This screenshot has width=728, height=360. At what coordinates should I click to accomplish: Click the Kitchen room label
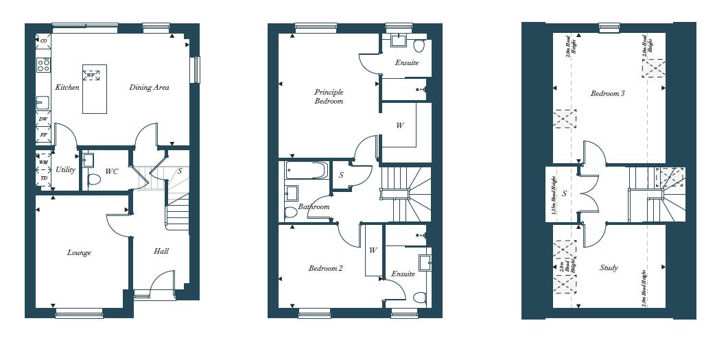(67, 88)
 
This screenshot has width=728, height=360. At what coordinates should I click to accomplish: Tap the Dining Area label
(149, 88)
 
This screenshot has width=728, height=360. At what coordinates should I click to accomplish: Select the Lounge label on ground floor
(79, 253)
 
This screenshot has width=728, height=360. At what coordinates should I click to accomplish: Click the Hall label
(161, 252)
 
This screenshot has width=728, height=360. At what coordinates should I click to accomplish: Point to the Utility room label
(66, 170)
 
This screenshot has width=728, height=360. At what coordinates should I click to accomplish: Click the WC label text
(111, 171)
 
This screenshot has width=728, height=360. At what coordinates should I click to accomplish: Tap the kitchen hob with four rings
(43, 65)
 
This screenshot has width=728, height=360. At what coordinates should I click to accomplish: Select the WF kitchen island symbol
(91, 75)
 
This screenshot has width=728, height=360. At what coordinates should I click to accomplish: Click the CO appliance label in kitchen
(44, 41)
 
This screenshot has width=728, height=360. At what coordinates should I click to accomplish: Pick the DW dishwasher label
(43, 119)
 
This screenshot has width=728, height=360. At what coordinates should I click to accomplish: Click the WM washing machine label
(44, 163)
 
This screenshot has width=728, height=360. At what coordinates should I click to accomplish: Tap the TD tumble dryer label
(44, 178)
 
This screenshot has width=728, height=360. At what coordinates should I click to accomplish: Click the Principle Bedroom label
(329, 97)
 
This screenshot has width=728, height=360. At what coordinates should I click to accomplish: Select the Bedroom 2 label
(325, 269)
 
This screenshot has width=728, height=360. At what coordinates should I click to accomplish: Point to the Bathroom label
(314, 206)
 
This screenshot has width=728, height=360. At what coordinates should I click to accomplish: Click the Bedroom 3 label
(607, 94)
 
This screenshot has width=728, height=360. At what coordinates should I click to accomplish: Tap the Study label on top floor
(609, 268)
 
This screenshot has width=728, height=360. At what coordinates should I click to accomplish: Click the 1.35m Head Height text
(554, 195)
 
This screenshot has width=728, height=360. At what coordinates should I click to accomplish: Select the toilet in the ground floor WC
(94, 180)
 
